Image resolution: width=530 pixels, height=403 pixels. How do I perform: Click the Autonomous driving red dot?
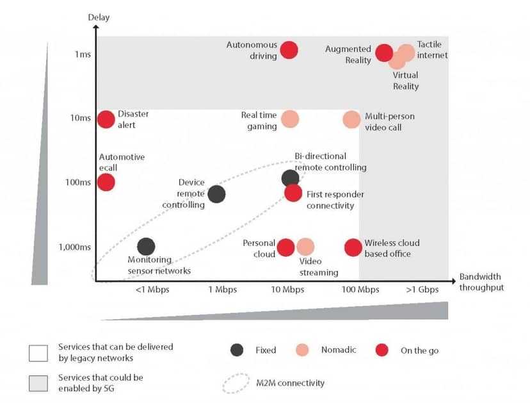click(x=289, y=50)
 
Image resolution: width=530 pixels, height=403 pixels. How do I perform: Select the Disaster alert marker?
click(x=106, y=119)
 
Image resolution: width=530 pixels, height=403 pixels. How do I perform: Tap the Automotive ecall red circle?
click(x=106, y=182)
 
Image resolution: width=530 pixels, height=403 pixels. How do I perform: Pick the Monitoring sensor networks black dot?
click(x=147, y=246)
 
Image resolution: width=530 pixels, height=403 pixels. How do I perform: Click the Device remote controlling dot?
click(x=216, y=194)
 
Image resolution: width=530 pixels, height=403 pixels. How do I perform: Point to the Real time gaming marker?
click(x=290, y=119)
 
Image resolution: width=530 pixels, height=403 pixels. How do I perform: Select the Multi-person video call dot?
click(x=351, y=119)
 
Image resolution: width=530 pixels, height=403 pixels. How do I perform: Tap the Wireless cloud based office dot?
click(x=353, y=247)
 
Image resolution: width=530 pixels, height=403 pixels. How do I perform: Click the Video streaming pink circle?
click(x=305, y=247)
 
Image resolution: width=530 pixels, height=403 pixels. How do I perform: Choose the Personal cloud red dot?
click(x=285, y=247)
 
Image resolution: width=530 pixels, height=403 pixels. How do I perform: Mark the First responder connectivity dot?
click(x=293, y=193)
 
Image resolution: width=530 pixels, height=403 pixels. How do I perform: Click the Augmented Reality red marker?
click(x=384, y=53)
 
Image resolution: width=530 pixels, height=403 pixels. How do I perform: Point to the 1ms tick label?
click(x=83, y=54)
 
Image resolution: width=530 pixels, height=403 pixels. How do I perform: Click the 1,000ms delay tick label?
click(x=75, y=247)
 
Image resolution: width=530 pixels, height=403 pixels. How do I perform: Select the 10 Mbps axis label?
click(x=287, y=290)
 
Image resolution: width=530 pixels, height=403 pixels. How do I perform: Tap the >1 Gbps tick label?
click(x=422, y=290)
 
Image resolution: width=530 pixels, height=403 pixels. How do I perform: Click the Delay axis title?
click(x=99, y=17)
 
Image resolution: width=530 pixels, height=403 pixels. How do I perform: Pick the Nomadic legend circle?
click(x=302, y=350)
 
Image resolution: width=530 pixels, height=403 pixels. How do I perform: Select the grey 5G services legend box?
click(x=38, y=383)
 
